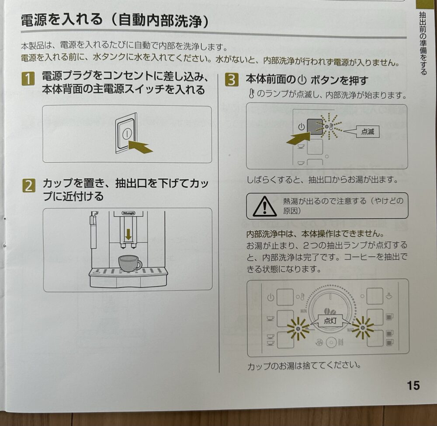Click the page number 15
point(413,385)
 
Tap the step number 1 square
point(28,78)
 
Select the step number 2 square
point(29,185)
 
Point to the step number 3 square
point(232,80)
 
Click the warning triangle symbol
point(264,206)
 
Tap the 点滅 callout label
point(368,131)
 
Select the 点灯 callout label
point(330,321)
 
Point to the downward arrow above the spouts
point(128,234)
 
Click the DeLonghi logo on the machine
point(128,213)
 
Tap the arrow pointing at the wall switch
point(141,147)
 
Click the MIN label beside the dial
point(304,311)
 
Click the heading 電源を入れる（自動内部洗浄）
point(115,21)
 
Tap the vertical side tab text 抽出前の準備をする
point(423,43)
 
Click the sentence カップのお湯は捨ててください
point(304,366)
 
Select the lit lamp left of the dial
point(298,328)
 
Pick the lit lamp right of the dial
point(362,328)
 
